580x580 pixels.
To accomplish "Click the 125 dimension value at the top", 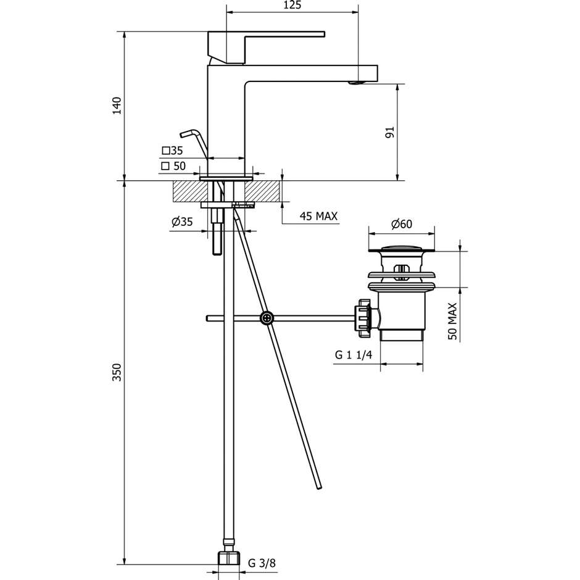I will coord(292,6).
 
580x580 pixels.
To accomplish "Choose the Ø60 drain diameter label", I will coord(401,225).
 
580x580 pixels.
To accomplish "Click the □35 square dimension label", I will coord(173,151).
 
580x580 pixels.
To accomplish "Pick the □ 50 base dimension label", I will coord(173,166).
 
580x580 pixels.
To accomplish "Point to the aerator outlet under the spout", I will coord(354,81).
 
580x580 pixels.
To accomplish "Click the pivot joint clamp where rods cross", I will coord(266,318).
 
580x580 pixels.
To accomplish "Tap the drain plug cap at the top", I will coord(401,250).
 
